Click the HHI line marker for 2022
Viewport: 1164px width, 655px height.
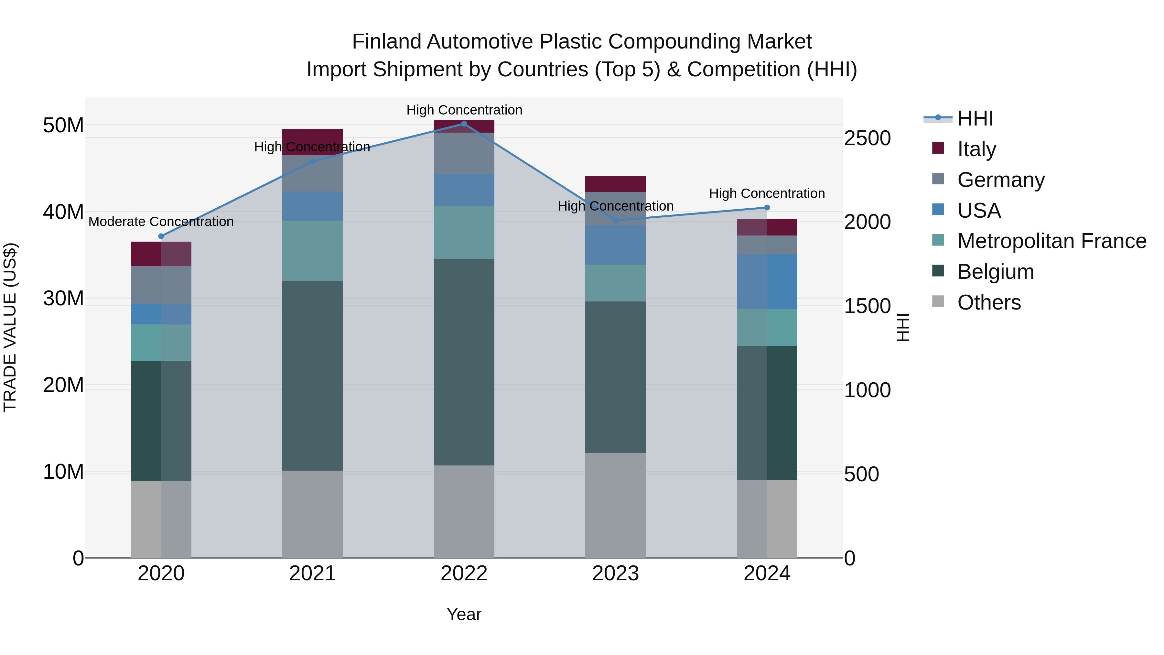pos(464,124)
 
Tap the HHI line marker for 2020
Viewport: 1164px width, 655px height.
pos(161,236)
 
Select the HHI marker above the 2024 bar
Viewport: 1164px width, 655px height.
pos(767,207)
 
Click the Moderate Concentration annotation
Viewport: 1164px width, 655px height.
pos(161,222)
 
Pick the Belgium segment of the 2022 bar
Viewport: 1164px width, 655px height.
pos(464,362)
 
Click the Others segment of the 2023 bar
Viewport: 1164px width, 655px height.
pos(615,505)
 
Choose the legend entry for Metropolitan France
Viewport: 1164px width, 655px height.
pos(1051,241)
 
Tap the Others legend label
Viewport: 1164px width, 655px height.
pos(989,302)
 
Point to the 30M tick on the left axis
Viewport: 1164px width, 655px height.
pos(63,298)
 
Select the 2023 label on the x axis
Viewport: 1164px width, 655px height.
pos(615,573)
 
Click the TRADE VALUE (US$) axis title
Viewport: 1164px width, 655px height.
pos(10,327)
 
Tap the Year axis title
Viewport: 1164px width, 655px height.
pos(464,614)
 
